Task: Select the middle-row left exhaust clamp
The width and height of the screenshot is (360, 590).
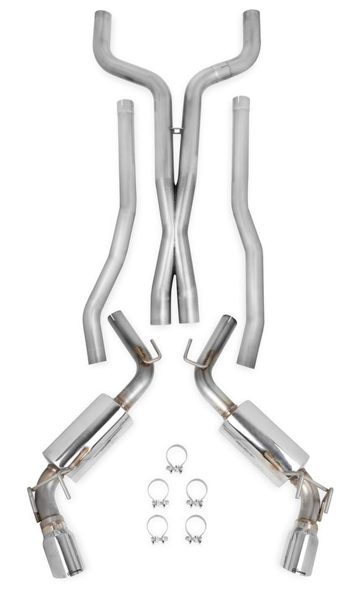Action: tap(158, 493)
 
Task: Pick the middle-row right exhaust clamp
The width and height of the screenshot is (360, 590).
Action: tap(196, 493)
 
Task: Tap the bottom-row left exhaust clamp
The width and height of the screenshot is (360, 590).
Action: tap(158, 529)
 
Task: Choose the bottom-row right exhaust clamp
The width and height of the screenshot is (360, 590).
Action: tap(196, 529)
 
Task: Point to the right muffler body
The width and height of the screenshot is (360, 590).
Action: tap(266, 437)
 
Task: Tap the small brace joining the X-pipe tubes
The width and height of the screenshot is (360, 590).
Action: tap(176, 130)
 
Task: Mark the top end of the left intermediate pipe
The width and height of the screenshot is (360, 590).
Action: tap(125, 104)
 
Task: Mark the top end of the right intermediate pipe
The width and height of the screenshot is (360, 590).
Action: tap(241, 101)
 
